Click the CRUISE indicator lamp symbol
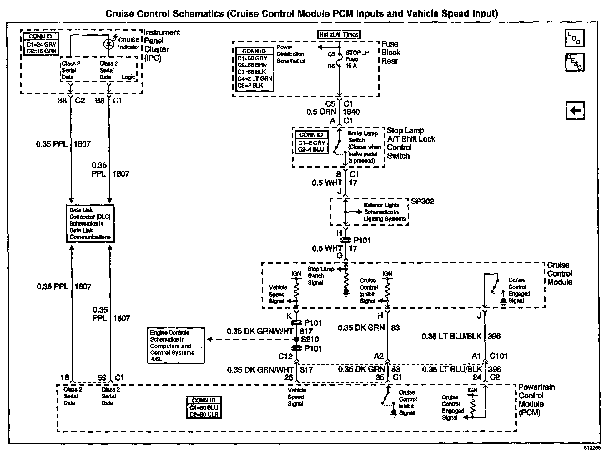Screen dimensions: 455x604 109,44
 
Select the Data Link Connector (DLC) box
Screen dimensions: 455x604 90,223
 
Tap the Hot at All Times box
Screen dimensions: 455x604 339,35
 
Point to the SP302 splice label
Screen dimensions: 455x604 422,202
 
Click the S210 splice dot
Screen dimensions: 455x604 297,339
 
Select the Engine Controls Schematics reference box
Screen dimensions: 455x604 176,346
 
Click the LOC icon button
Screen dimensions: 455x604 575,38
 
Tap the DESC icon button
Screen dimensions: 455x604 575,62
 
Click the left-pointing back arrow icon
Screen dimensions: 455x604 575,111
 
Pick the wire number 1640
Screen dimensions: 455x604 351,112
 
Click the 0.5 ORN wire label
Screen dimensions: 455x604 321,112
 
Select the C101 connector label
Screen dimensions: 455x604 498,356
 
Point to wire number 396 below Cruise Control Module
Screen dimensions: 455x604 494,336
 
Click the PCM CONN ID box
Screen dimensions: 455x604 204,407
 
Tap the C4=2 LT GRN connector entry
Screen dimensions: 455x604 254,78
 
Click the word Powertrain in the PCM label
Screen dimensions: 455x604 536,387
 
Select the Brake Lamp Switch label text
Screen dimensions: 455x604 363,137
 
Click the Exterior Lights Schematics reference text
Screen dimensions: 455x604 385,212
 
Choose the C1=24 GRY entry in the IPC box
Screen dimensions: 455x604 41,44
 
